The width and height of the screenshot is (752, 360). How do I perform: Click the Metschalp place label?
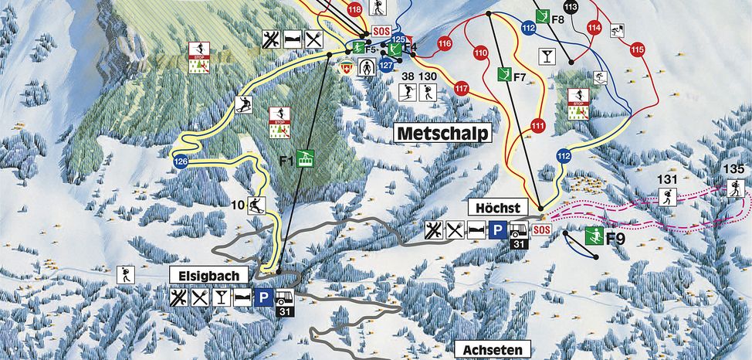click(443, 133)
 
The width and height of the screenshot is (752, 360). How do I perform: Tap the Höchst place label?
click(498, 208)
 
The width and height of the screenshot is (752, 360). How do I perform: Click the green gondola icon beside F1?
click(305, 160)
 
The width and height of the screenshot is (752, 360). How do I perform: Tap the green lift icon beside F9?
click(593, 236)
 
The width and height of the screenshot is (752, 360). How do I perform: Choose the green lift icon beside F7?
click(504, 74)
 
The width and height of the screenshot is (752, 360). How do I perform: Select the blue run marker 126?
click(181, 161)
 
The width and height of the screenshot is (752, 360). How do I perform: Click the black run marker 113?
click(571, 8)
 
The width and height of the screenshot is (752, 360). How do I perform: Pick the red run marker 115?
click(636, 49)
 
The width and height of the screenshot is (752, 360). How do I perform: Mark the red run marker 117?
click(462, 87)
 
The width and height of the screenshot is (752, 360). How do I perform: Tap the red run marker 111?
click(537, 125)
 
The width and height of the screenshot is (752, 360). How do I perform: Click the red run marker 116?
click(444, 44)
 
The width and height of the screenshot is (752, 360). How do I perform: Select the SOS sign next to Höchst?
click(541, 229)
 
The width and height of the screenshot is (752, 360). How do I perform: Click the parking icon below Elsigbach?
click(264, 297)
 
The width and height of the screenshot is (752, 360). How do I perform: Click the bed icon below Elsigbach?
click(243, 297)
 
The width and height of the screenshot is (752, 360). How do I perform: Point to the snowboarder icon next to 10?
click(256, 205)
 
